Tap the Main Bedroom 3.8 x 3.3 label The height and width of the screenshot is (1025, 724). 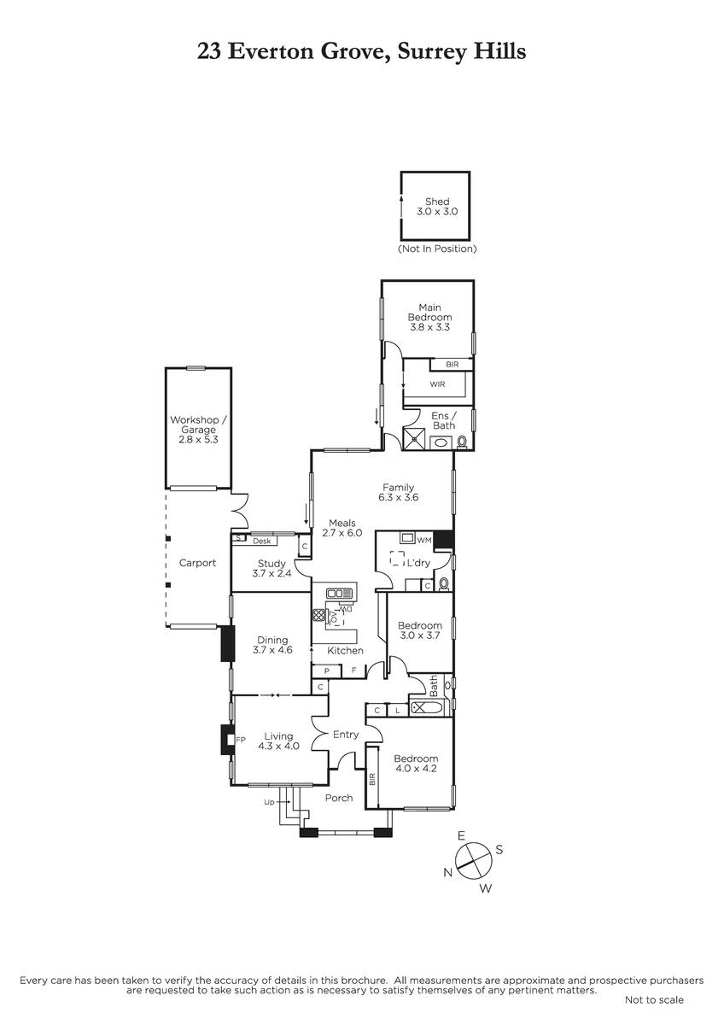[x=429, y=317]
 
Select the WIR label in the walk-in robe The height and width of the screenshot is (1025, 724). [x=437, y=384]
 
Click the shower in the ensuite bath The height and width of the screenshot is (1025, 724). [x=414, y=439]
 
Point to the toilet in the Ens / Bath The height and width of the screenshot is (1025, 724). [x=462, y=442]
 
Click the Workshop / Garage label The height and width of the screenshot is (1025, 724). [x=198, y=430]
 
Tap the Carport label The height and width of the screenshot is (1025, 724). [x=197, y=563]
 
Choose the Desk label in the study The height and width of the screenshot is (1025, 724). [x=261, y=541]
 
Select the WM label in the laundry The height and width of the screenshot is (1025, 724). [x=424, y=541]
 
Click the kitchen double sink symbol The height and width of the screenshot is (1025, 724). [x=341, y=594]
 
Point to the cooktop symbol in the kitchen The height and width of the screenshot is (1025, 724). [x=318, y=615]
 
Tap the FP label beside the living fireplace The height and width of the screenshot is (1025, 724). [x=241, y=740]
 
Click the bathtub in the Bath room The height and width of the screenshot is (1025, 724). [x=427, y=708]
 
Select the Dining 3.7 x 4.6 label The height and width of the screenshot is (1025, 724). [x=272, y=645]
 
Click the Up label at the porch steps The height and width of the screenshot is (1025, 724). [x=269, y=802]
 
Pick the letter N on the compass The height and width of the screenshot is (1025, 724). [x=447, y=873]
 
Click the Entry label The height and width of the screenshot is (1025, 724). [x=346, y=735]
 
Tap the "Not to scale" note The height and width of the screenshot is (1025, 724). [x=654, y=1000]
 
